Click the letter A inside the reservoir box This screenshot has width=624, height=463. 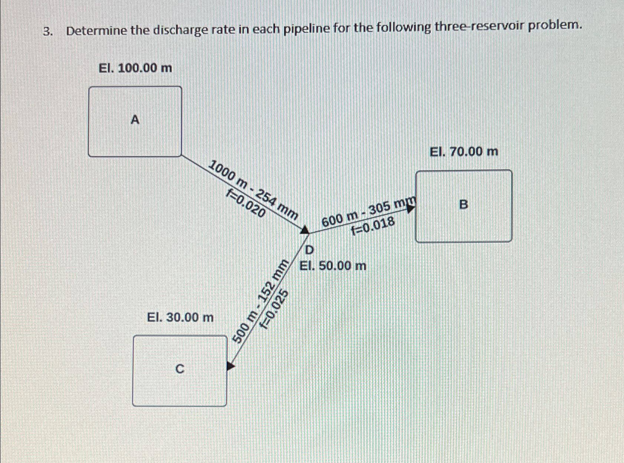tap(135, 120)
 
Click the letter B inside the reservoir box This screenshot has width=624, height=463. tap(463, 204)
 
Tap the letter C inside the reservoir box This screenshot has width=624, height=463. tap(179, 369)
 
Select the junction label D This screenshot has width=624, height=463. tap(309, 250)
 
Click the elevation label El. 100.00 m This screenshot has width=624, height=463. tap(135, 68)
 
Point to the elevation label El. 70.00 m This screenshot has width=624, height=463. tap(463, 152)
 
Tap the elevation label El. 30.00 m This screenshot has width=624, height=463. tap(180, 317)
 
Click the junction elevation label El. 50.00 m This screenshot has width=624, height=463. tap(333, 266)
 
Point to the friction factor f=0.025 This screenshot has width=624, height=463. tap(275, 309)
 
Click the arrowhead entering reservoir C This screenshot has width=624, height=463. tap(231, 366)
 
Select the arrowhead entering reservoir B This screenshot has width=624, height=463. tap(410, 209)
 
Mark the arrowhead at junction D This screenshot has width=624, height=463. tap(305, 230)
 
